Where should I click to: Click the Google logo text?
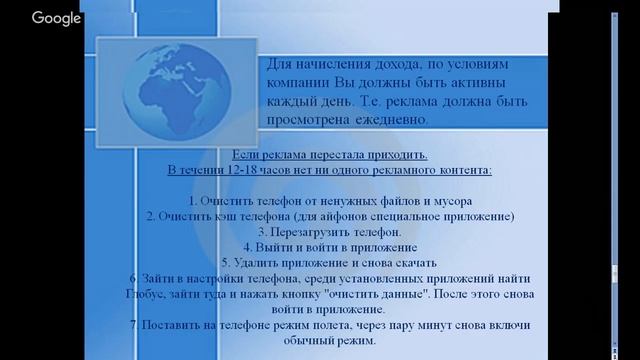point(55,18)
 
